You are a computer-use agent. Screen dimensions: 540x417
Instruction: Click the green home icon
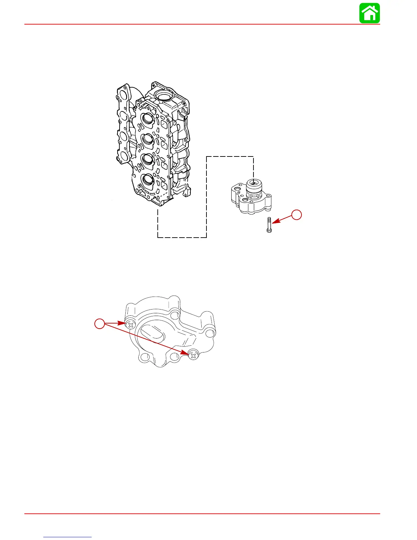pos(370,13)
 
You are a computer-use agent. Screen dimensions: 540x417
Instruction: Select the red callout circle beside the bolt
pos(297,215)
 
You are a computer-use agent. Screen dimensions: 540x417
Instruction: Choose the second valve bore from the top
pos(148,138)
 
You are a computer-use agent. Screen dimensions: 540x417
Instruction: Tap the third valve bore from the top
pos(148,159)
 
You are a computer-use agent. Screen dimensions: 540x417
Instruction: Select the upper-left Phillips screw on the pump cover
pos(130,325)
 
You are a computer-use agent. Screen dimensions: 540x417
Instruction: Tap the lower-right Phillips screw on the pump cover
pos(194,356)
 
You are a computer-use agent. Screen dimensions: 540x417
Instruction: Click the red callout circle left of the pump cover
pos(99,324)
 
